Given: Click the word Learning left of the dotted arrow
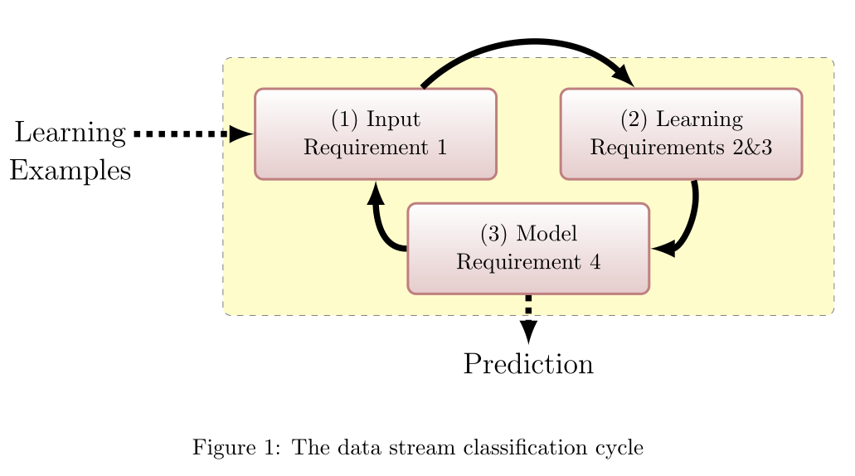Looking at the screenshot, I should pos(70,133).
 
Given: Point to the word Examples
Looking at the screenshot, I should pos(70,170).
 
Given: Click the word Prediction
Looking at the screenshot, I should pos(528,364).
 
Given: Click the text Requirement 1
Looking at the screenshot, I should pos(375,148).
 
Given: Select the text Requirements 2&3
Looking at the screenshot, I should pos(681,148).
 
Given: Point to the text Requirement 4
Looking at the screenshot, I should pos(527,262).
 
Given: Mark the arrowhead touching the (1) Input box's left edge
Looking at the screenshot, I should pos(241,134).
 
